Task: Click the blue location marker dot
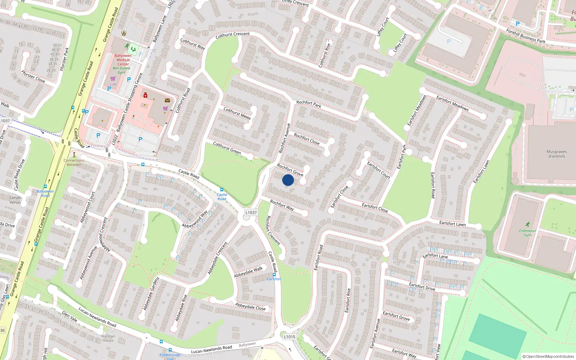288,180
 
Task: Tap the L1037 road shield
251,212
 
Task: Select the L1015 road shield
289,337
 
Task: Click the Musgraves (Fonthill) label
557,154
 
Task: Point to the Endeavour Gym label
527,233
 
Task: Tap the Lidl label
113,84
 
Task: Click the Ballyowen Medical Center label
123,60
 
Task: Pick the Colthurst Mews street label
237,113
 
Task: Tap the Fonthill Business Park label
526,36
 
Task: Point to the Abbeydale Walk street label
248,272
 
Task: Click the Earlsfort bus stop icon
274,275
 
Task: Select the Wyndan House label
108,338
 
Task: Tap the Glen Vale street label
69,316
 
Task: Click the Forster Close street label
33,76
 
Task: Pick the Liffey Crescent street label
296,3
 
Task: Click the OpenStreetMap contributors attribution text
548,356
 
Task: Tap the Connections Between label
74,162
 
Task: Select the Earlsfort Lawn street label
453,224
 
